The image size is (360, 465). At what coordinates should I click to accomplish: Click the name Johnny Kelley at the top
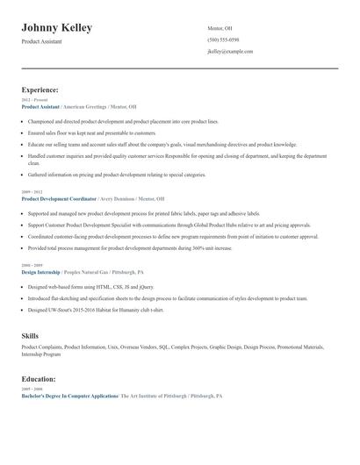[x=57, y=28]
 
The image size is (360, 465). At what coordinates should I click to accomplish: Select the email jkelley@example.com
[x=230, y=52]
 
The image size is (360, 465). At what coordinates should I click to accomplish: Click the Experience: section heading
[x=40, y=89]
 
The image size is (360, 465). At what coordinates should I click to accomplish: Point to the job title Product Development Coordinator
[x=59, y=199]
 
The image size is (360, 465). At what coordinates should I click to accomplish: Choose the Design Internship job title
[x=40, y=272]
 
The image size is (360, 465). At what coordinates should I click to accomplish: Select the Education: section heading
[x=40, y=379]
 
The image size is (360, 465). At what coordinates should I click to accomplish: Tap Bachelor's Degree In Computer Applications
[x=69, y=397]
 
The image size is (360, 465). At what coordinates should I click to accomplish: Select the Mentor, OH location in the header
[x=220, y=28]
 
